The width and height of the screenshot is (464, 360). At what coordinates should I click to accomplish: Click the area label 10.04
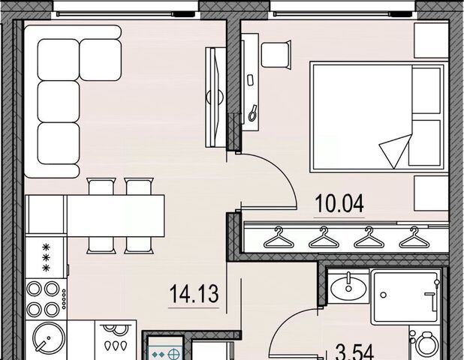[x=339, y=204]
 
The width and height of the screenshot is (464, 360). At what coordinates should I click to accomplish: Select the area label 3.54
[x=355, y=352]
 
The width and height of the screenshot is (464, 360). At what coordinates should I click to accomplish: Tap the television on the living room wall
[x=215, y=97]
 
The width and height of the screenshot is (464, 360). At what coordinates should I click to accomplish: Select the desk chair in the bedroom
[x=276, y=55]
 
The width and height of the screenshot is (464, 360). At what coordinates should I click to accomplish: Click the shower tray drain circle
[x=383, y=295]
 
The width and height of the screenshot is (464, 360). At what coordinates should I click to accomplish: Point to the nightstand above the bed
[x=431, y=40]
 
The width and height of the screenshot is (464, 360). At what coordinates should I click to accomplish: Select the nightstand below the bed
[x=431, y=193]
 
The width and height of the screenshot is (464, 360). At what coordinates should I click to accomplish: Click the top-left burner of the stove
[x=34, y=289]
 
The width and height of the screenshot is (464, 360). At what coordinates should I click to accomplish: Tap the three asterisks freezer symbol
[x=46, y=257]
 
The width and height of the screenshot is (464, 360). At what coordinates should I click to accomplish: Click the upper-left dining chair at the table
[x=101, y=186]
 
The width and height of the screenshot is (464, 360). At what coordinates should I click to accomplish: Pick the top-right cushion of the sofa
[x=101, y=60]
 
